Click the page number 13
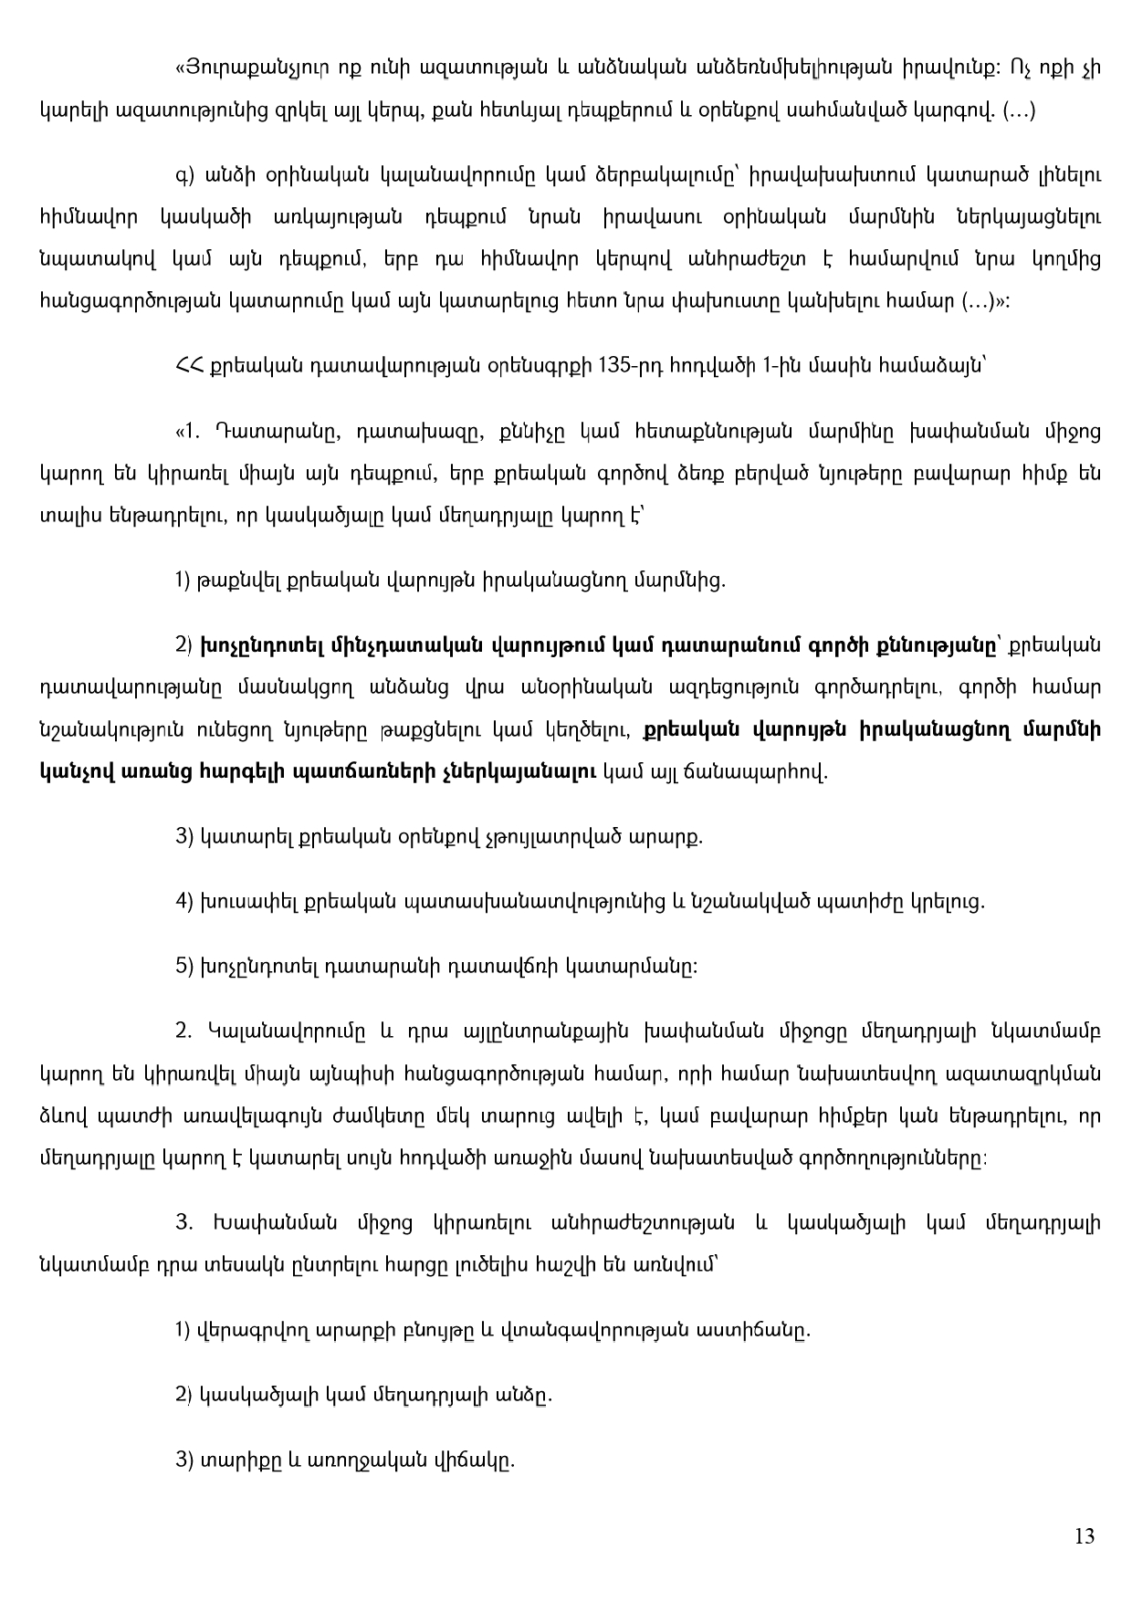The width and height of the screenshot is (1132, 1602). click(x=1085, y=1536)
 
